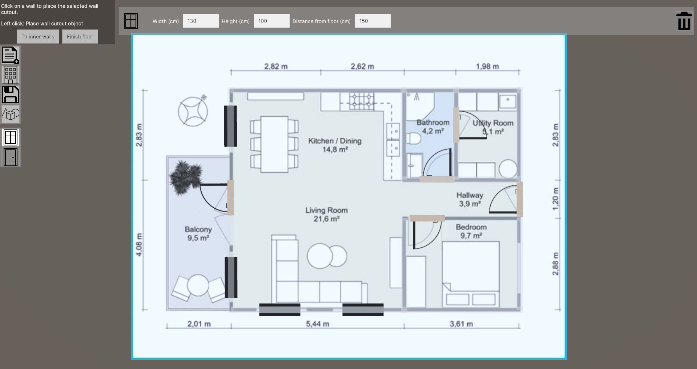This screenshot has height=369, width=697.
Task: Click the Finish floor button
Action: point(80,37)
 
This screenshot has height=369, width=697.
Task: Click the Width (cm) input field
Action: point(201,21)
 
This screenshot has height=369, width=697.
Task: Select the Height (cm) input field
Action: point(271,21)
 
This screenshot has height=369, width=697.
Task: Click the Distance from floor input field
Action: point(372,21)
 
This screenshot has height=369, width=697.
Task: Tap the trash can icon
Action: point(684,21)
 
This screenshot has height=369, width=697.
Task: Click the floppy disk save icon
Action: point(11,95)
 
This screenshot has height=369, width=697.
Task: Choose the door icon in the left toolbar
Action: point(11,157)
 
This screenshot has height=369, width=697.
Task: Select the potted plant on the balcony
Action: point(186,177)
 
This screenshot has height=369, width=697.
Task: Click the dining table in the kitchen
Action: point(274,144)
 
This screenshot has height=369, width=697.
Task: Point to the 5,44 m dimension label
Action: point(318,324)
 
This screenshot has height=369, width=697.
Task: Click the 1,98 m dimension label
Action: point(487,67)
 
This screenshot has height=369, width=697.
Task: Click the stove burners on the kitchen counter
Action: point(361,101)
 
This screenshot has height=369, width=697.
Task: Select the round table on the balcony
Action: point(198,285)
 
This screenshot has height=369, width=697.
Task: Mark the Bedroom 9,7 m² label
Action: point(471,231)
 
